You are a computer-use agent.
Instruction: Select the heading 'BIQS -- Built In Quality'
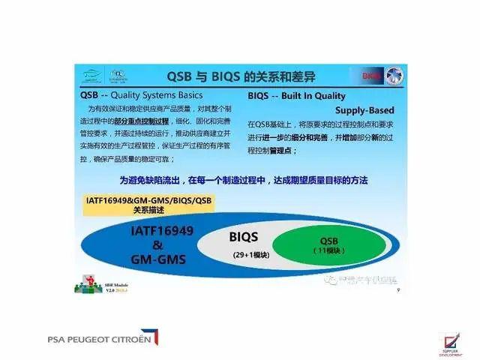click(296, 96)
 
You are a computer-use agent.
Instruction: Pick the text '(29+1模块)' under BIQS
click(251, 255)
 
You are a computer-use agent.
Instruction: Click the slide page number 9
click(397, 289)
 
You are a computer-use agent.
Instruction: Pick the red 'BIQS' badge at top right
click(372, 76)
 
